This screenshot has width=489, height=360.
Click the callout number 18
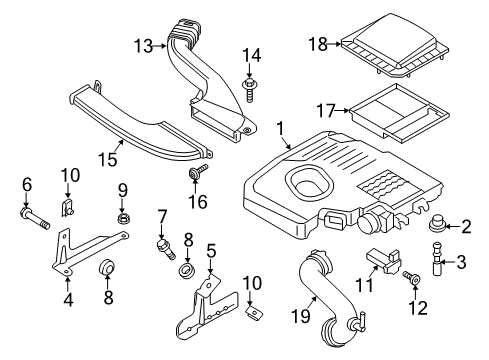(318, 44)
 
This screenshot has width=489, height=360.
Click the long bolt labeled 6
(33, 213)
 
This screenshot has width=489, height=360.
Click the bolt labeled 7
(163, 244)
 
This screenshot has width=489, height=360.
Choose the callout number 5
(210, 249)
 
